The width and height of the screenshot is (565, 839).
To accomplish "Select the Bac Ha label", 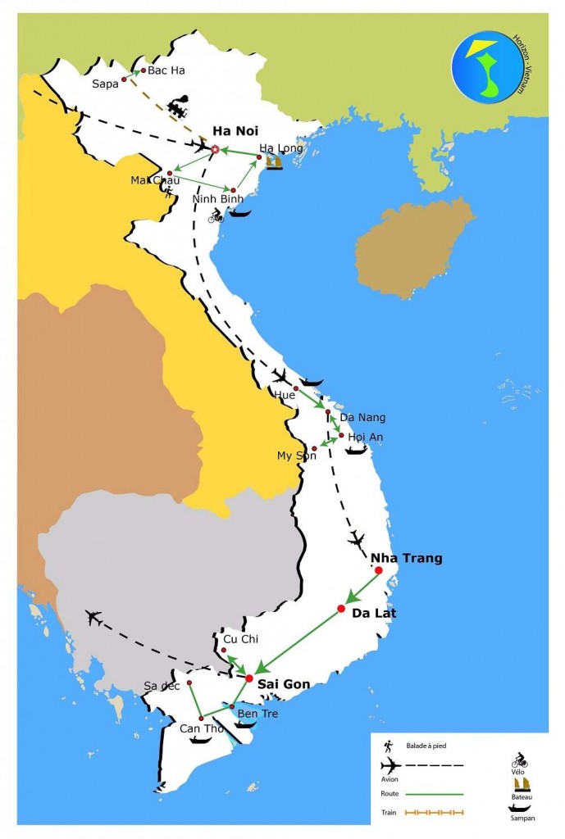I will coord(166,70).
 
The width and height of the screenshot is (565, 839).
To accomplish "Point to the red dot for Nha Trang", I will coord(379,569).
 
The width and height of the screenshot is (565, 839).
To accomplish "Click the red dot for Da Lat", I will coord(341,608).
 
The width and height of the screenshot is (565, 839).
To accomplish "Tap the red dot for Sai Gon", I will coord(249,678).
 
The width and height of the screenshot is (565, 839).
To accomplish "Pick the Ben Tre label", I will coord(257,714).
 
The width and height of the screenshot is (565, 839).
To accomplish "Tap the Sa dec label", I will coord(162,686).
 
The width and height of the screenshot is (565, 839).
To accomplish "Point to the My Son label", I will coord(296,456).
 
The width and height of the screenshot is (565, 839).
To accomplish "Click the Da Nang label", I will coord(362,417).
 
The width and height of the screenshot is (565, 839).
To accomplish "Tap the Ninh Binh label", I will coord(219,198).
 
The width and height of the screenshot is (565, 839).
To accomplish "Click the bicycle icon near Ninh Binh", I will coord(216,215).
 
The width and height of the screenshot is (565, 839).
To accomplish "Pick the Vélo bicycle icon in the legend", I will coord(519,761).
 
